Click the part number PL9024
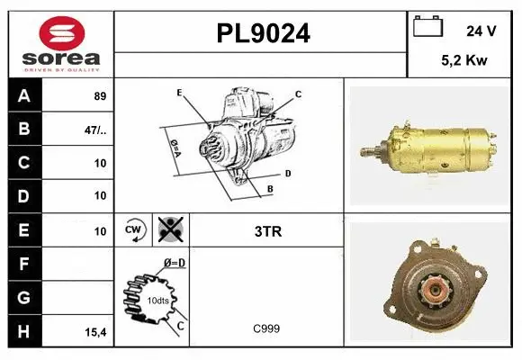pyautogui.click(x=262, y=33)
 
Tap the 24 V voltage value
pyautogui.click(x=481, y=30)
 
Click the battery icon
pyautogui.click(x=427, y=28)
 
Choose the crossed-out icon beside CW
pyautogui.click(x=169, y=231)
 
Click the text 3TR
pyautogui.click(x=267, y=231)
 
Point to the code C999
pyautogui.click(x=265, y=328)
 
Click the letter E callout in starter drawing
pyautogui.click(x=179, y=93)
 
